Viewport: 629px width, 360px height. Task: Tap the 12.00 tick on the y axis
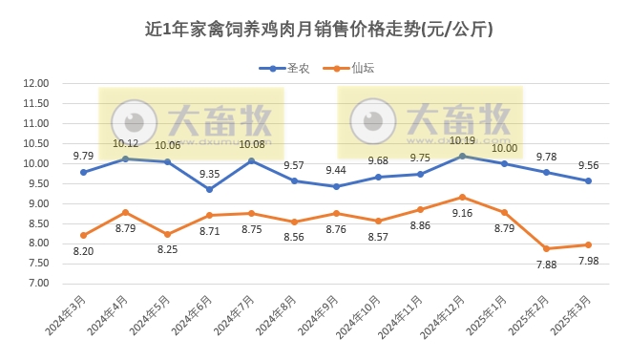36,83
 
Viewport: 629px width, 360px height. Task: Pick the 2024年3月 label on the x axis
66,318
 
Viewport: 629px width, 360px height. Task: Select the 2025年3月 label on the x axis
571,318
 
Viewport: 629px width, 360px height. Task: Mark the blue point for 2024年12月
462,156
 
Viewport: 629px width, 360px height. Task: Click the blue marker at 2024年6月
210,189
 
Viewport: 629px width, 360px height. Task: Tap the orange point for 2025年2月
546,248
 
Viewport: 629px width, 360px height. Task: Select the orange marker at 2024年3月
84,235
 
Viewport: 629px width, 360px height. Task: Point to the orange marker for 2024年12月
462,197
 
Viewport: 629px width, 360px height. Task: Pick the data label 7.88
546,265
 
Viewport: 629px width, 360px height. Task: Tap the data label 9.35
209,174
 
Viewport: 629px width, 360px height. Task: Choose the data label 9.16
463,213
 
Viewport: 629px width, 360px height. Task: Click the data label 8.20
84,251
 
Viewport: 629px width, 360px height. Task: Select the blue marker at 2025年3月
588,180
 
